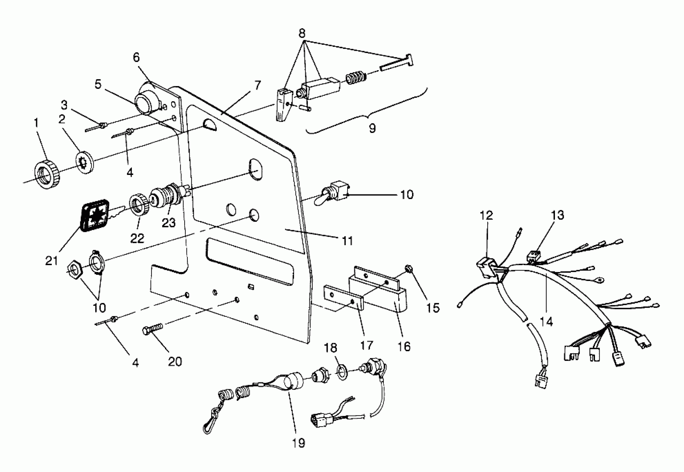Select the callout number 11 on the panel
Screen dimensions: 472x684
347,240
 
